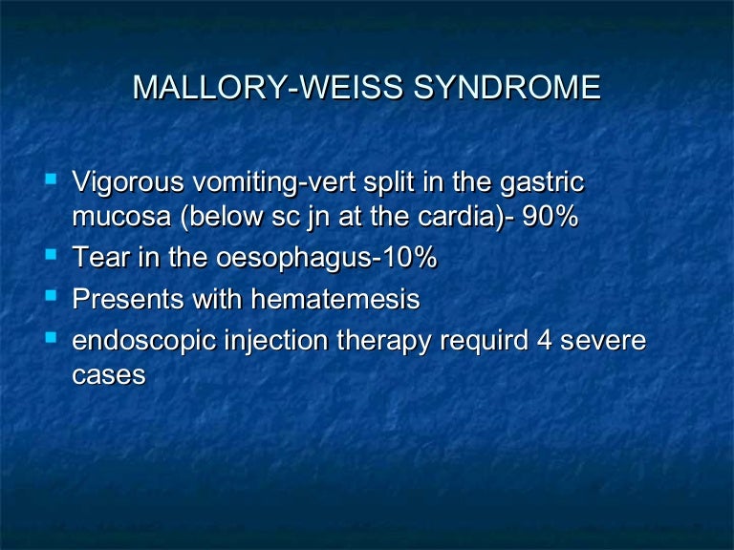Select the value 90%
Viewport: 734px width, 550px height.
point(549,218)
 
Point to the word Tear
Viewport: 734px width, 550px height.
point(97,259)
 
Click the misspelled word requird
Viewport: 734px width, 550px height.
point(486,341)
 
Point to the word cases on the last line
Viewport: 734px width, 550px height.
point(109,375)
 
